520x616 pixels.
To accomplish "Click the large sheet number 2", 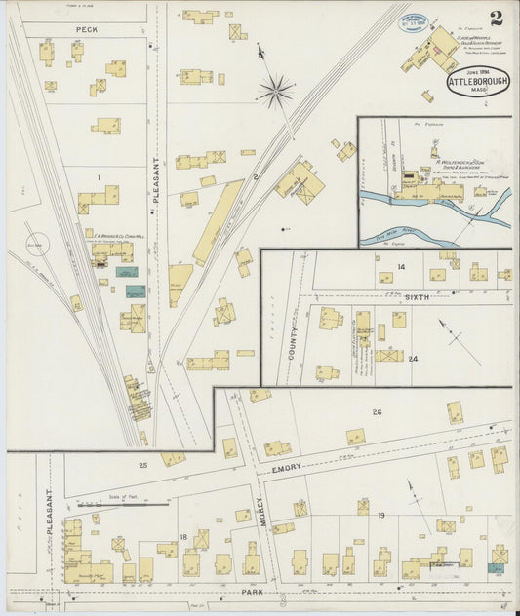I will (x=497, y=18).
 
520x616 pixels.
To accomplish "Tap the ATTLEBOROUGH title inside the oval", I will (x=478, y=84).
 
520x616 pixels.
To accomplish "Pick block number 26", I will (x=377, y=412).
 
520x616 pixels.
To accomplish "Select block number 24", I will (x=413, y=359).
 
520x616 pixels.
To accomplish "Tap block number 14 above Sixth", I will (x=400, y=266).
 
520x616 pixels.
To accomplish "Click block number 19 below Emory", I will (x=381, y=514).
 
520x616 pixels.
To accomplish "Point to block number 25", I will (x=142, y=466).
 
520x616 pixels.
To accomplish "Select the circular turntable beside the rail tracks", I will (x=35, y=245).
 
